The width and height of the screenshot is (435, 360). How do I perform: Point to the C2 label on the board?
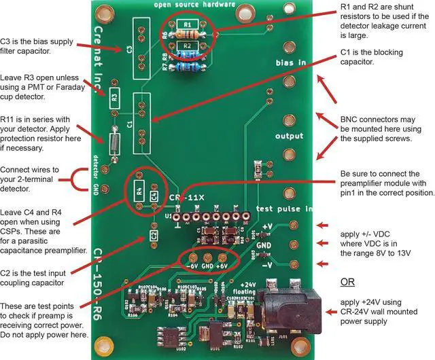154,235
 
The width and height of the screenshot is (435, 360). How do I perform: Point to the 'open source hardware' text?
194,5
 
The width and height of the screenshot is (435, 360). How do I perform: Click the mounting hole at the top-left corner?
104,12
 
